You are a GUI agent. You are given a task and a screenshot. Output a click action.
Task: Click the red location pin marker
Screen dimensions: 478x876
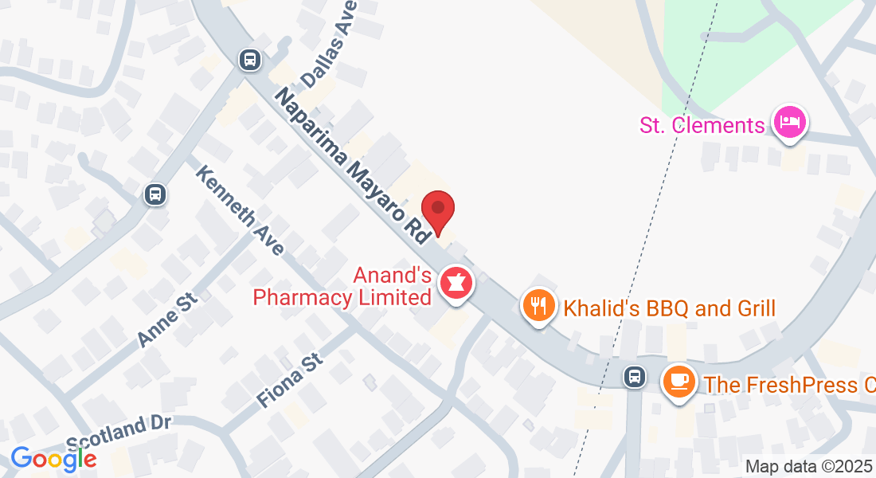437,210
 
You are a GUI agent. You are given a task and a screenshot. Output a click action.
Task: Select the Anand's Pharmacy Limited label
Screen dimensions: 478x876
342,287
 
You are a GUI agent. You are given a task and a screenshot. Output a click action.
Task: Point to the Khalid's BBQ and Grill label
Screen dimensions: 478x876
669,308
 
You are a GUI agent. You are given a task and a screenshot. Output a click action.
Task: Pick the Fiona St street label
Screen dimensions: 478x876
289,382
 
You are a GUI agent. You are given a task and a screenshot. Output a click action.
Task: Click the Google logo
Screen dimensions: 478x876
53,458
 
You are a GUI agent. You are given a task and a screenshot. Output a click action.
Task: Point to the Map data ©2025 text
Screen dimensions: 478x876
808,466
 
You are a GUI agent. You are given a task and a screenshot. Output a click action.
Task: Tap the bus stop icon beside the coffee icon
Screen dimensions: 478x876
635,376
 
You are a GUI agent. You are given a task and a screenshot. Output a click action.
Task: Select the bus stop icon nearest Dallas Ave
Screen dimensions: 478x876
249,59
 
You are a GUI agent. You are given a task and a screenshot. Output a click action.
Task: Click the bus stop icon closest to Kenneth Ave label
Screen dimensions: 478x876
155,194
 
